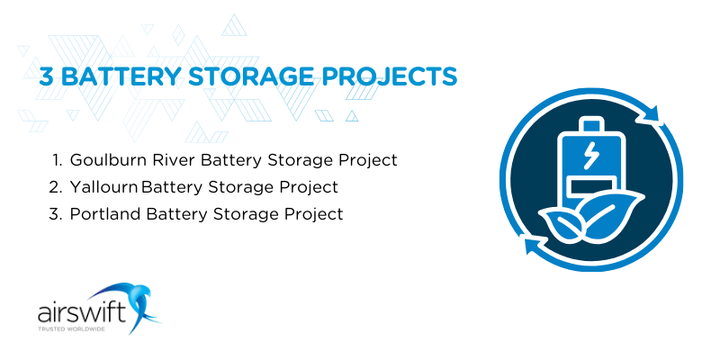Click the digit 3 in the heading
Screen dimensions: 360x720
(x=46, y=76)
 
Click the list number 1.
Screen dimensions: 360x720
(x=57, y=160)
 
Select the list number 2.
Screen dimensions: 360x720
(x=56, y=187)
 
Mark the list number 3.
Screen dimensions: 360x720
(x=56, y=214)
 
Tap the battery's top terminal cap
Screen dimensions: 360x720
(x=590, y=123)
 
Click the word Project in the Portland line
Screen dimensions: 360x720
(x=313, y=214)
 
